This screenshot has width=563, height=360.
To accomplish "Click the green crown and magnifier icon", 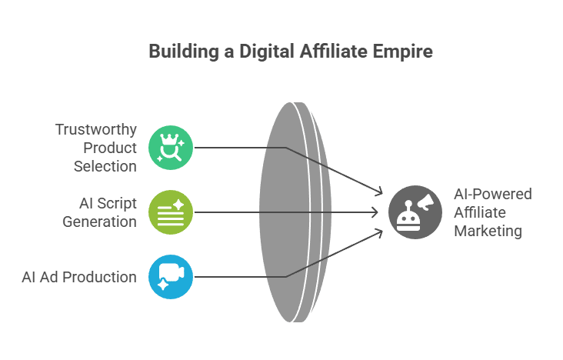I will coord(171,147).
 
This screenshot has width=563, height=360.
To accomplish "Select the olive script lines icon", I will coord(171,211).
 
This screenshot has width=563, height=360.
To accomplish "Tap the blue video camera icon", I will coord(171,276).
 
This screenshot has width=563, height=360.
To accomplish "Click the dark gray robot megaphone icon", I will coord(415,211).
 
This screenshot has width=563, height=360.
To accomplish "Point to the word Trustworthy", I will coord(96,130).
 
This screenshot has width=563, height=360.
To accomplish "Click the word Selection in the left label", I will coord(105,165).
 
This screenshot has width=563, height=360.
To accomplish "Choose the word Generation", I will coord(98,221).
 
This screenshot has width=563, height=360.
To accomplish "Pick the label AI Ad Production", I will coord(79,276).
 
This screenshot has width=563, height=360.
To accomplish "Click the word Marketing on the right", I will coord(488,231).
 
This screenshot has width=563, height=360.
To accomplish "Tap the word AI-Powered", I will coord(492,193).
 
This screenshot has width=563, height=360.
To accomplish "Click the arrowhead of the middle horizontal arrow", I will coord(376,211).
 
